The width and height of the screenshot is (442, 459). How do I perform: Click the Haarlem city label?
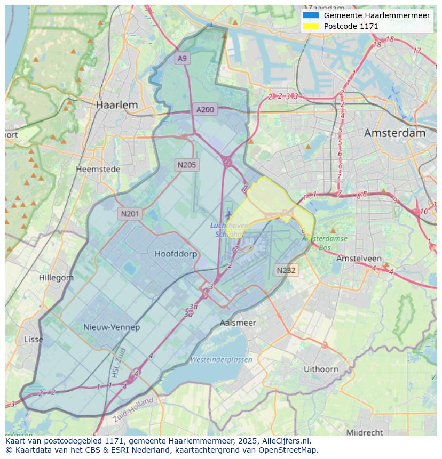tap(116, 105)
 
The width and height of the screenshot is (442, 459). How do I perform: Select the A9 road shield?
tap(183, 58)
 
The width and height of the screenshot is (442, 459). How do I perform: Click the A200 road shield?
tap(205, 110)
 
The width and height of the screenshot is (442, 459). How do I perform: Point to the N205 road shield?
tap(186, 165)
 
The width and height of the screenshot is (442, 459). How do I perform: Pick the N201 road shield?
tap(130, 214)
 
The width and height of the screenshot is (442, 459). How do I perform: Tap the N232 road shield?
tap(286, 270)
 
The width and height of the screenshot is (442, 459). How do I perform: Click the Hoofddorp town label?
tap(176, 254)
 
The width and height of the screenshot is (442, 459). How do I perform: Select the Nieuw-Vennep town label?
tap(112, 327)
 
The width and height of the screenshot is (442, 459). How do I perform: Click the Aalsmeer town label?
tap(238, 323)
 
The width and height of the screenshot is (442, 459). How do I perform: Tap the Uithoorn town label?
tap(321, 368)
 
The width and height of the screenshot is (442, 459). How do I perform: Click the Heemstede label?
tap(98, 169)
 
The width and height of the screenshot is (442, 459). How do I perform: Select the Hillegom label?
tap(56, 278)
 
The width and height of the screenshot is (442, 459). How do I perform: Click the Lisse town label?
tap(34, 339)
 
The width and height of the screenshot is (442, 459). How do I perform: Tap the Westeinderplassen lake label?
tap(221, 359)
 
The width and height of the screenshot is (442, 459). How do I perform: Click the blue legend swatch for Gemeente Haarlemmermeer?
tap(310, 15)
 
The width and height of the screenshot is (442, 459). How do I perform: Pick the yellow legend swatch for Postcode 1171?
tap(310, 26)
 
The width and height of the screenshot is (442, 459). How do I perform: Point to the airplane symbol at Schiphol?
tap(229, 214)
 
